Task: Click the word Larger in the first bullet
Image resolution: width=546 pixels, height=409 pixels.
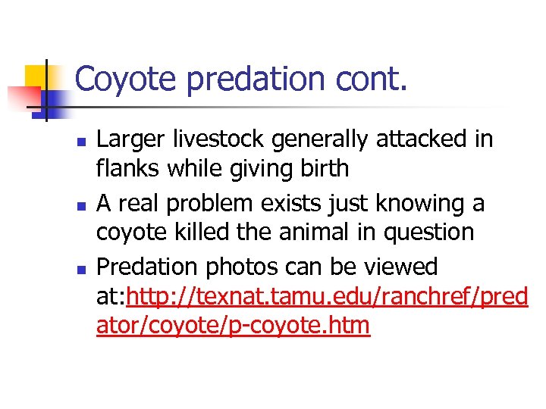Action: pyautogui.click(x=131, y=140)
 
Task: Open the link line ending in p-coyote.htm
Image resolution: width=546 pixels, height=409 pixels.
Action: pyautogui.click(x=234, y=326)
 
